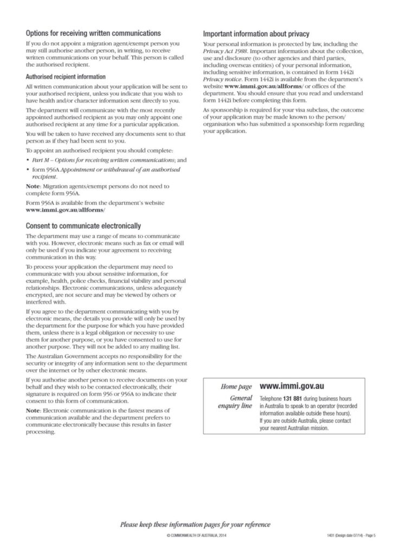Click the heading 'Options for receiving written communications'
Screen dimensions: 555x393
pyautogui.click(x=93, y=33)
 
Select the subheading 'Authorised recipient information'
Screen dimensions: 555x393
pyautogui.click(x=66, y=77)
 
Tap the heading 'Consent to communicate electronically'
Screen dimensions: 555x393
pyautogui.click(x=83, y=225)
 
